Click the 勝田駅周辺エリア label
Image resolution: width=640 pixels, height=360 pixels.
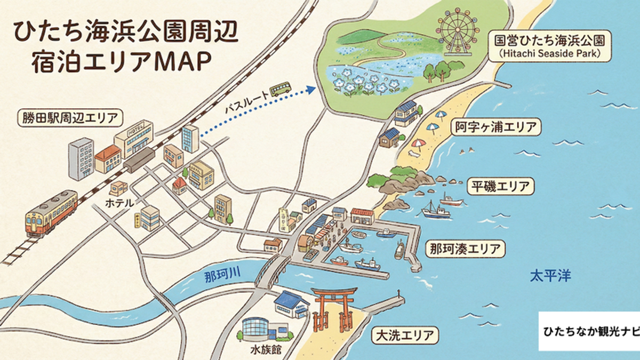pyautogui.click(x=69, y=117)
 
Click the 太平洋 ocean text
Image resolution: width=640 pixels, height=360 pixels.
pyautogui.click(x=550, y=276)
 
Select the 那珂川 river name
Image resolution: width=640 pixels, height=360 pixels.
pyautogui.click(x=222, y=276)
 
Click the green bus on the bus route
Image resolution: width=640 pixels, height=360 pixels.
pyautogui.click(x=280, y=89)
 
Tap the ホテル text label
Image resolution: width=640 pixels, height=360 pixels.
pyautogui.click(x=123, y=203)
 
